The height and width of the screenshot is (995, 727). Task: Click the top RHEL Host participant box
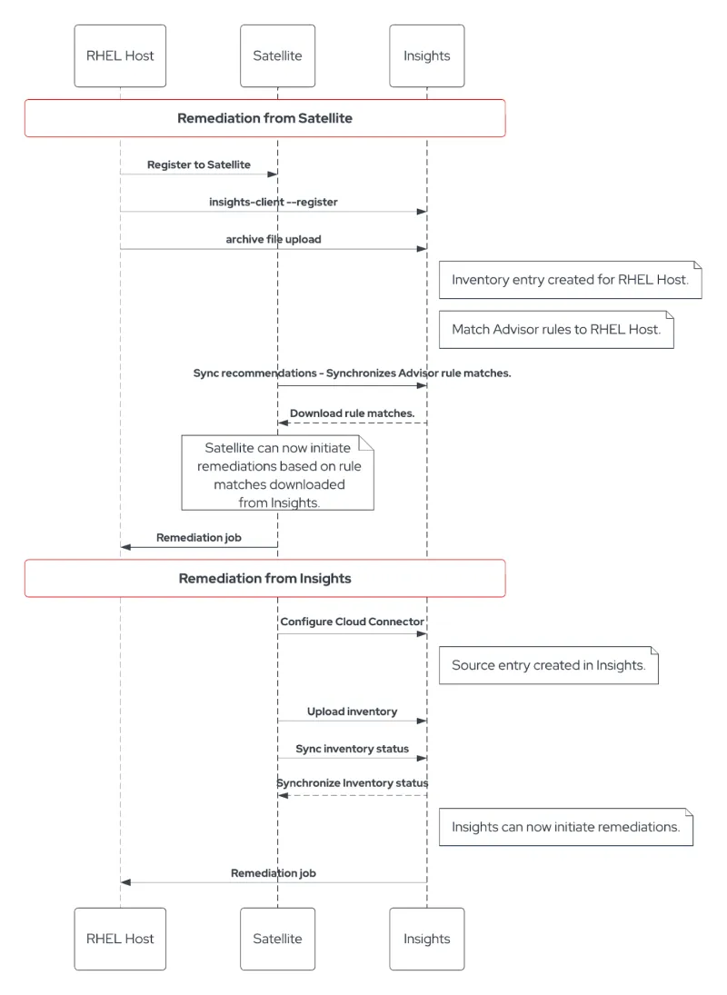(120, 55)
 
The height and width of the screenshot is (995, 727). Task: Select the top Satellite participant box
(277, 55)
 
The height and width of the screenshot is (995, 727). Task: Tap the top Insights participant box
(426, 55)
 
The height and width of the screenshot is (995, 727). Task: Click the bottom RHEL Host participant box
(120, 939)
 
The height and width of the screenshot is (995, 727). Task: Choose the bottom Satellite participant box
(277, 939)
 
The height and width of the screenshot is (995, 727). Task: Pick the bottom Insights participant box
(426, 939)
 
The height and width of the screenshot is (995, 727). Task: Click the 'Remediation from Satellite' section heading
(264, 118)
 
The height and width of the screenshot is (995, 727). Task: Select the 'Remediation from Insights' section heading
(264, 578)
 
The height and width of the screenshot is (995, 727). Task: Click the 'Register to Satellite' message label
(198, 164)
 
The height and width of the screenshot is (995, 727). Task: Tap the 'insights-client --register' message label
(273, 202)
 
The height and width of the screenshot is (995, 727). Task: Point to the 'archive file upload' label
(273, 239)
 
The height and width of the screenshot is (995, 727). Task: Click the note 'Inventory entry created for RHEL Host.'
(570, 280)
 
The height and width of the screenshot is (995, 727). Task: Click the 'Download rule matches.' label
(352, 413)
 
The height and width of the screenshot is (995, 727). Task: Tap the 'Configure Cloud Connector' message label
(352, 622)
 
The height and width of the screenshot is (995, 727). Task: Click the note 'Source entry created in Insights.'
(548, 665)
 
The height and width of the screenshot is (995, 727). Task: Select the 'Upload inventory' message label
(352, 711)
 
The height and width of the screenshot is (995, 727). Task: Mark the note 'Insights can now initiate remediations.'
(565, 827)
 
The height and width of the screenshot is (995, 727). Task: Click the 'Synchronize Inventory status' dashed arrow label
(352, 782)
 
